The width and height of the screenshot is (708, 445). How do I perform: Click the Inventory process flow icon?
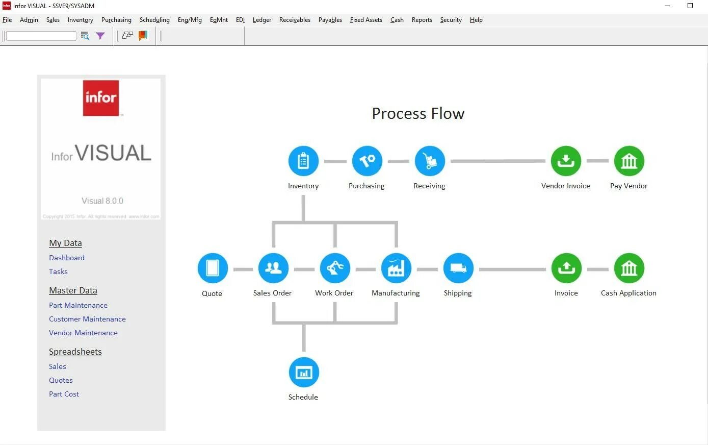(x=303, y=161)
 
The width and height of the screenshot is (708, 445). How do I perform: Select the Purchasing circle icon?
(x=367, y=161)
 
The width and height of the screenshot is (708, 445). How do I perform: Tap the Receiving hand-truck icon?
(x=430, y=161)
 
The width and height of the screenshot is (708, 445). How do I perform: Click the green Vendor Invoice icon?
(x=566, y=161)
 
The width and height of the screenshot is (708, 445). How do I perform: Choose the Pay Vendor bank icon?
(x=629, y=161)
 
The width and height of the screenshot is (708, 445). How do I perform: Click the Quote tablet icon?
(x=213, y=268)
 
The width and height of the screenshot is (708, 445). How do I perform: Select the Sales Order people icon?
(x=273, y=268)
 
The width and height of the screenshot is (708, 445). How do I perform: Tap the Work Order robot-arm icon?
(x=335, y=268)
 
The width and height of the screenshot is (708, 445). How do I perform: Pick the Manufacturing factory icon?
(x=396, y=268)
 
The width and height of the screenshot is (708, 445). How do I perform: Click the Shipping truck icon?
(x=458, y=268)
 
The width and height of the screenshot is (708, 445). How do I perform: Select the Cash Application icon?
(x=629, y=268)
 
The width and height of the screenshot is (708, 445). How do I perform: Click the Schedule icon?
(x=304, y=373)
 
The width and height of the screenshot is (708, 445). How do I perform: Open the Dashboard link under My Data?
(x=67, y=258)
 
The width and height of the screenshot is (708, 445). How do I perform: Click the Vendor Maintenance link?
(x=83, y=333)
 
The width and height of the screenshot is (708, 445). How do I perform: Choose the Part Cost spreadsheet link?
(x=64, y=394)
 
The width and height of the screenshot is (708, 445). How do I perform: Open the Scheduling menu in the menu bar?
(x=154, y=20)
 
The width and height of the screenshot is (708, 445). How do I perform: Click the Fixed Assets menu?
(x=366, y=20)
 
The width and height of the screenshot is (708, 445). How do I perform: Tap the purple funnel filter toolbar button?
(x=100, y=36)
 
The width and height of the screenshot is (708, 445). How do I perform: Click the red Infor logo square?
(x=101, y=97)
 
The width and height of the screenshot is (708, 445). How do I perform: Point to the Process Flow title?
(x=418, y=113)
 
